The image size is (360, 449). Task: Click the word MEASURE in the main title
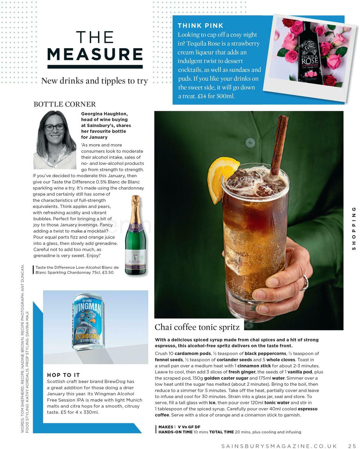pos(95,54)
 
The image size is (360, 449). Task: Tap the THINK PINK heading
pos(200,26)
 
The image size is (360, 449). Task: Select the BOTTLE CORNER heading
pos(64,104)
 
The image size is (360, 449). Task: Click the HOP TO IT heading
pos(63,375)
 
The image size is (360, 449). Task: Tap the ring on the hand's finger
pos(306,281)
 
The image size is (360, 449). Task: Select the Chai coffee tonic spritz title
pos(197,327)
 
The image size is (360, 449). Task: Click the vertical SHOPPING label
pos(354,228)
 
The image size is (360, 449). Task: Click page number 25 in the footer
pos(352,446)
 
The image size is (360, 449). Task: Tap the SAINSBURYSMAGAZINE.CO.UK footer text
pos(279,446)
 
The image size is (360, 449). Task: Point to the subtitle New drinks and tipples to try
pos(94,81)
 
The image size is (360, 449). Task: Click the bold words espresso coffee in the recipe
pos(307,409)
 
